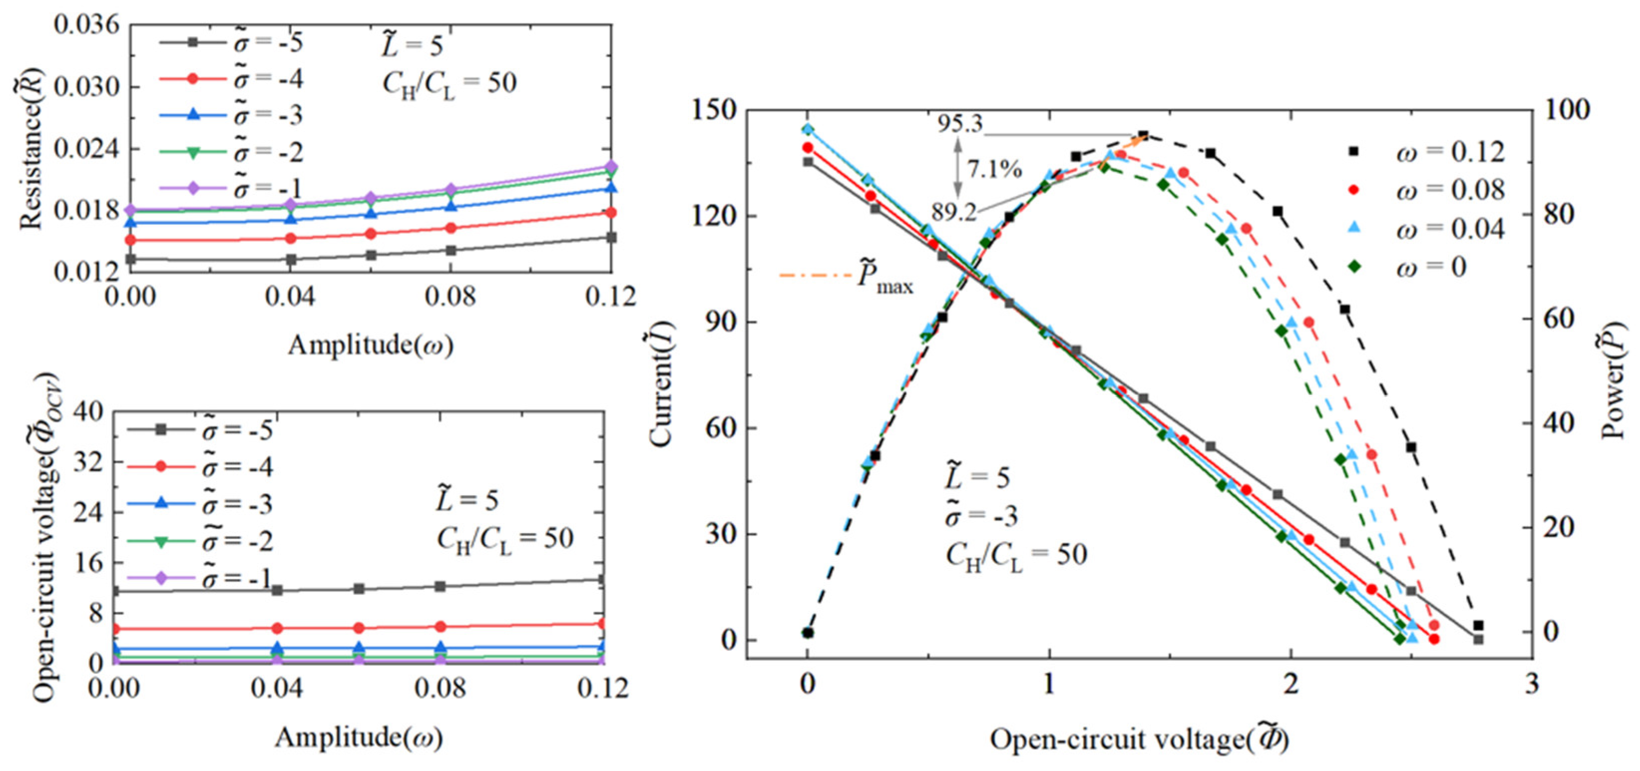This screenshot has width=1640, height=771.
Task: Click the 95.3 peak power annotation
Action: pyautogui.click(x=960, y=124)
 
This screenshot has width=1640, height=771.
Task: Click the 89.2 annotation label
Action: pyautogui.click(x=954, y=211)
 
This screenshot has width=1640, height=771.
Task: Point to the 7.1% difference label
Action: pyautogui.click(x=995, y=170)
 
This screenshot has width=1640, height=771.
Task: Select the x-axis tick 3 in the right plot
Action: pyautogui.click(x=1531, y=684)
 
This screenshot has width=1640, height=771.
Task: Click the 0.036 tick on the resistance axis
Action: pyautogui.click(x=87, y=25)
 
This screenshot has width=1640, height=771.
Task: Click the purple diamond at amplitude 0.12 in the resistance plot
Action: pyautogui.click(x=611, y=167)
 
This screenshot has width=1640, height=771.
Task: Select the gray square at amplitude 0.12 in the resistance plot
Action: pyautogui.click(x=611, y=237)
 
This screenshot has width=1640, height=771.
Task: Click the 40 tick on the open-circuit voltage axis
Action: pyautogui.click(x=88, y=412)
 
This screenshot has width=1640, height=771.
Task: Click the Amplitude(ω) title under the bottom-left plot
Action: pyautogui.click(x=359, y=737)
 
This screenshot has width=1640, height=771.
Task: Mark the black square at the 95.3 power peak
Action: pyautogui.click(x=1143, y=136)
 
